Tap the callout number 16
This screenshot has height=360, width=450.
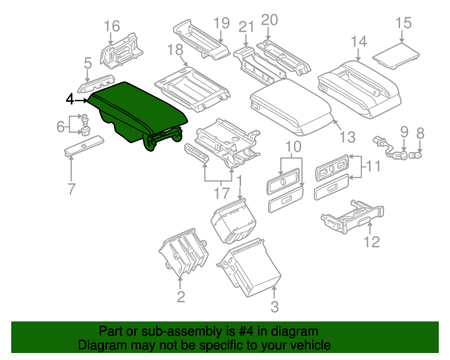point(112,27)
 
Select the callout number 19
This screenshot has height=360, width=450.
point(221,22)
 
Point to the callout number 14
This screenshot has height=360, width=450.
point(359,42)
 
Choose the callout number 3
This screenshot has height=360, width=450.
point(274,307)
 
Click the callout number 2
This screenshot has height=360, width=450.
point(181,297)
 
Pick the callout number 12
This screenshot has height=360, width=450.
point(371,243)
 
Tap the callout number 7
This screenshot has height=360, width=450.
point(71,188)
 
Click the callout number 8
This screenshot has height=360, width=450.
point(420,132)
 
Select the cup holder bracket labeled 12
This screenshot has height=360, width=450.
point(350,214)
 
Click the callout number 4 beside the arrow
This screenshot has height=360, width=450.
point(69,100)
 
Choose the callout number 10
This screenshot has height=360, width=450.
point(292,146)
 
